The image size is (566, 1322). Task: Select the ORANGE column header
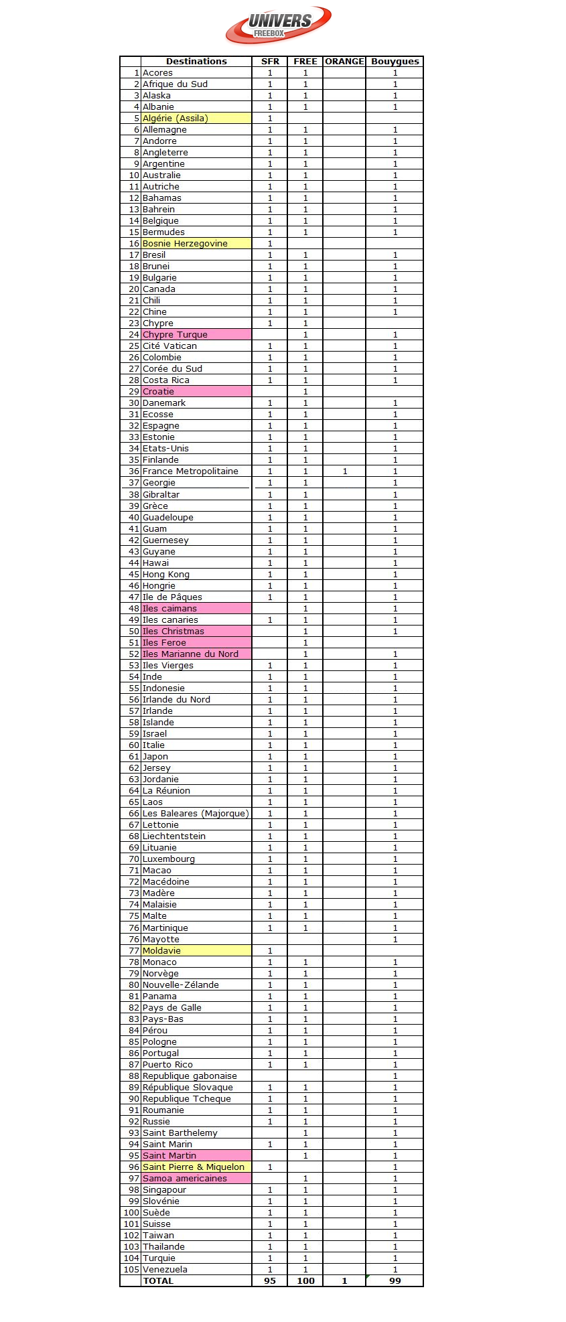point(344,62)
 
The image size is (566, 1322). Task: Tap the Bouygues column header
point(395,62)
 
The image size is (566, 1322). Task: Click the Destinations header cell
point(196,62)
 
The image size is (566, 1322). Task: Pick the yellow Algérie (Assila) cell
point(196,119)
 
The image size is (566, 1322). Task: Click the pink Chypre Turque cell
point(196,335)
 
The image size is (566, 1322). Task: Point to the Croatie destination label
point(159,392)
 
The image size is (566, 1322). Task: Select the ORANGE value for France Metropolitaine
point(344,471)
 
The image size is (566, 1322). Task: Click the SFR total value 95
point(270,1280)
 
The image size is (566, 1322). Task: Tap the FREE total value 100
point(305,1280)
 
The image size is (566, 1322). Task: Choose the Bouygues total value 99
point(395,1280)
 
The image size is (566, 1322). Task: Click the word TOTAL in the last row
point(159,1280)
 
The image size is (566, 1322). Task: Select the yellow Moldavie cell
point(196,951)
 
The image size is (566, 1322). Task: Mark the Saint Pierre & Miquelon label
point(194,1167)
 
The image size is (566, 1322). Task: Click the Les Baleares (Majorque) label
point(196,814)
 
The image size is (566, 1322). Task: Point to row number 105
point(131,1270)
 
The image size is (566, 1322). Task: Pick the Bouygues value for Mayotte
point(395,940)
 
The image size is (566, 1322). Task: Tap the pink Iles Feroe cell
point(196,643)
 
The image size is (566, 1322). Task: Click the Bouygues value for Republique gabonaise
point(395,1076)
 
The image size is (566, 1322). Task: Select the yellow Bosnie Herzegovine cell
point(196,244)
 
